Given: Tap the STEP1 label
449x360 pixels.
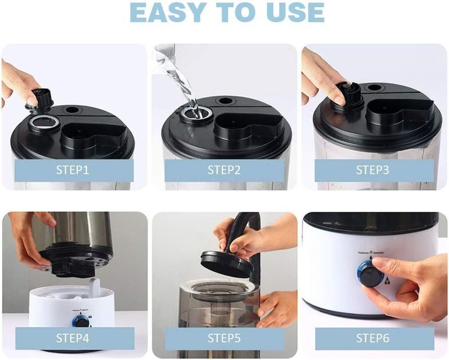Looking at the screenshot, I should click(x=73, y=170).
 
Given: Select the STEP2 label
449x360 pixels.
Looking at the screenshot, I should click(x=224, y=170).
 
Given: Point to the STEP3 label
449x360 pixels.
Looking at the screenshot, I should click(x=373, y=170).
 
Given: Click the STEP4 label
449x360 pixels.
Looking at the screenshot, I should click(x=73, y=338).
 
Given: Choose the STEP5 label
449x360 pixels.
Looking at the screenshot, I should click(x=224, y=338).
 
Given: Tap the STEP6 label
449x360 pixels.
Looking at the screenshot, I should click(x=373, y=338).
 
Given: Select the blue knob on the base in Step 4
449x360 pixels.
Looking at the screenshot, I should click(x=80, y=321).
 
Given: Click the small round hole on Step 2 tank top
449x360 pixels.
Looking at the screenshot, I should click(x=225, y=101).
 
